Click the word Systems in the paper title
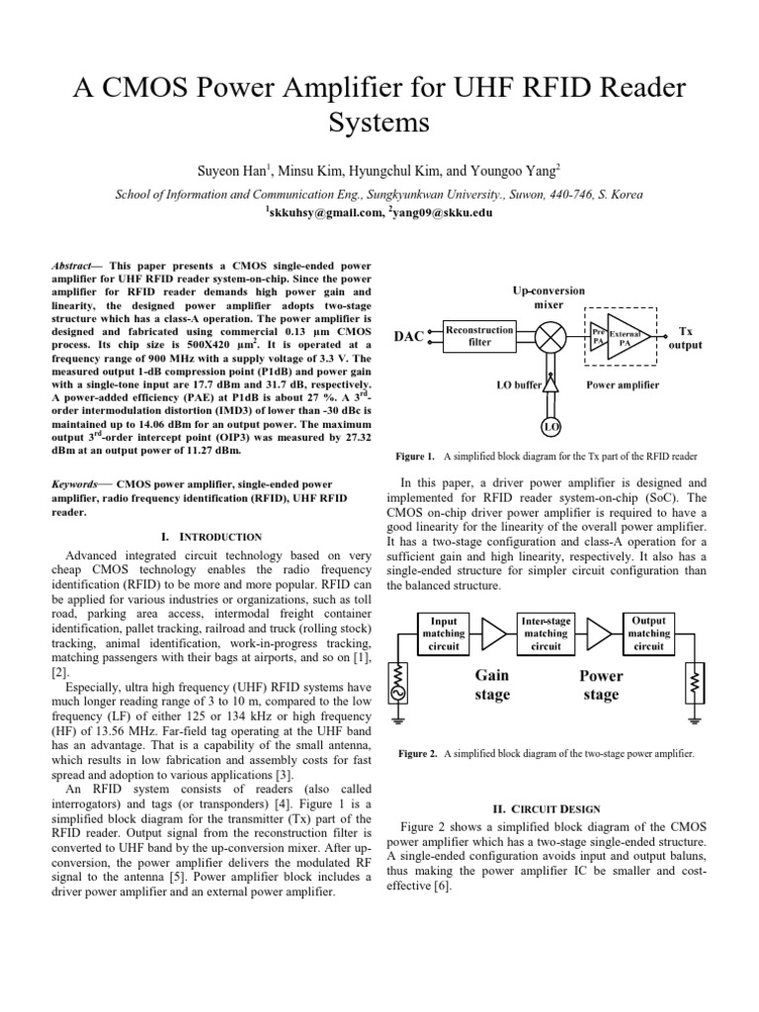point(379,123)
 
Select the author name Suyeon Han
point(233,172)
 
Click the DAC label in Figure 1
point(410,337)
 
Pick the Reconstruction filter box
point(478,336)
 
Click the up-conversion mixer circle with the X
point(549,336)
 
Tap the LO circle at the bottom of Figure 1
point(549,427)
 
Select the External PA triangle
point(627,336)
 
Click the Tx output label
point(686,339)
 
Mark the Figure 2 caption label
point(418,754)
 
